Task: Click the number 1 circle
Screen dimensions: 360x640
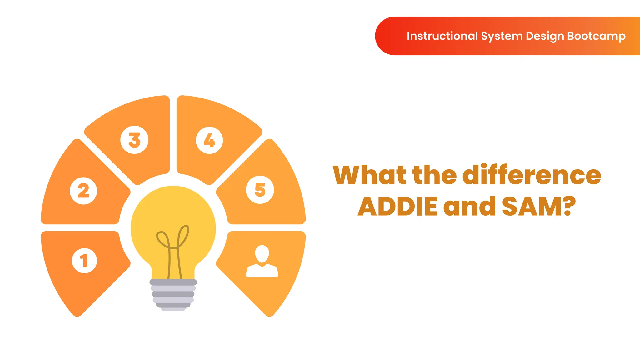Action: pyautogui.click(x=84, y=261)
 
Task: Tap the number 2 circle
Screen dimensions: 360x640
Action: pyautogui.click(x=83, y=191)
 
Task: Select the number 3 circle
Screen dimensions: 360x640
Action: pyautogui.click(x=134, y=140)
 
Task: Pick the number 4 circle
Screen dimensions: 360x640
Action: pyautogui.click(x=209, y=140)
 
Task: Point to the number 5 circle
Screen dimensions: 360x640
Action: pyautogui.click(x=260, y=190)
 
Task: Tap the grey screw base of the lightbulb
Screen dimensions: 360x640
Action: pyautogui.click(x=173, y=294)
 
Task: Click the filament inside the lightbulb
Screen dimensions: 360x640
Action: pyautogui.click(x=173, y=247)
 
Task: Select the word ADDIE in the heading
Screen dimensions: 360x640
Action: pyautogui.click(x=397, y=207)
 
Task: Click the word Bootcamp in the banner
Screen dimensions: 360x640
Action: pyautogui.click(x=596, y=36)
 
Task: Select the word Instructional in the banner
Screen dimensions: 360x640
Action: pyautogui.click(x=442, y=36)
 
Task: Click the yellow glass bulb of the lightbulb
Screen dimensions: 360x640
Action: pyautogui.click(x=173, y=212)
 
